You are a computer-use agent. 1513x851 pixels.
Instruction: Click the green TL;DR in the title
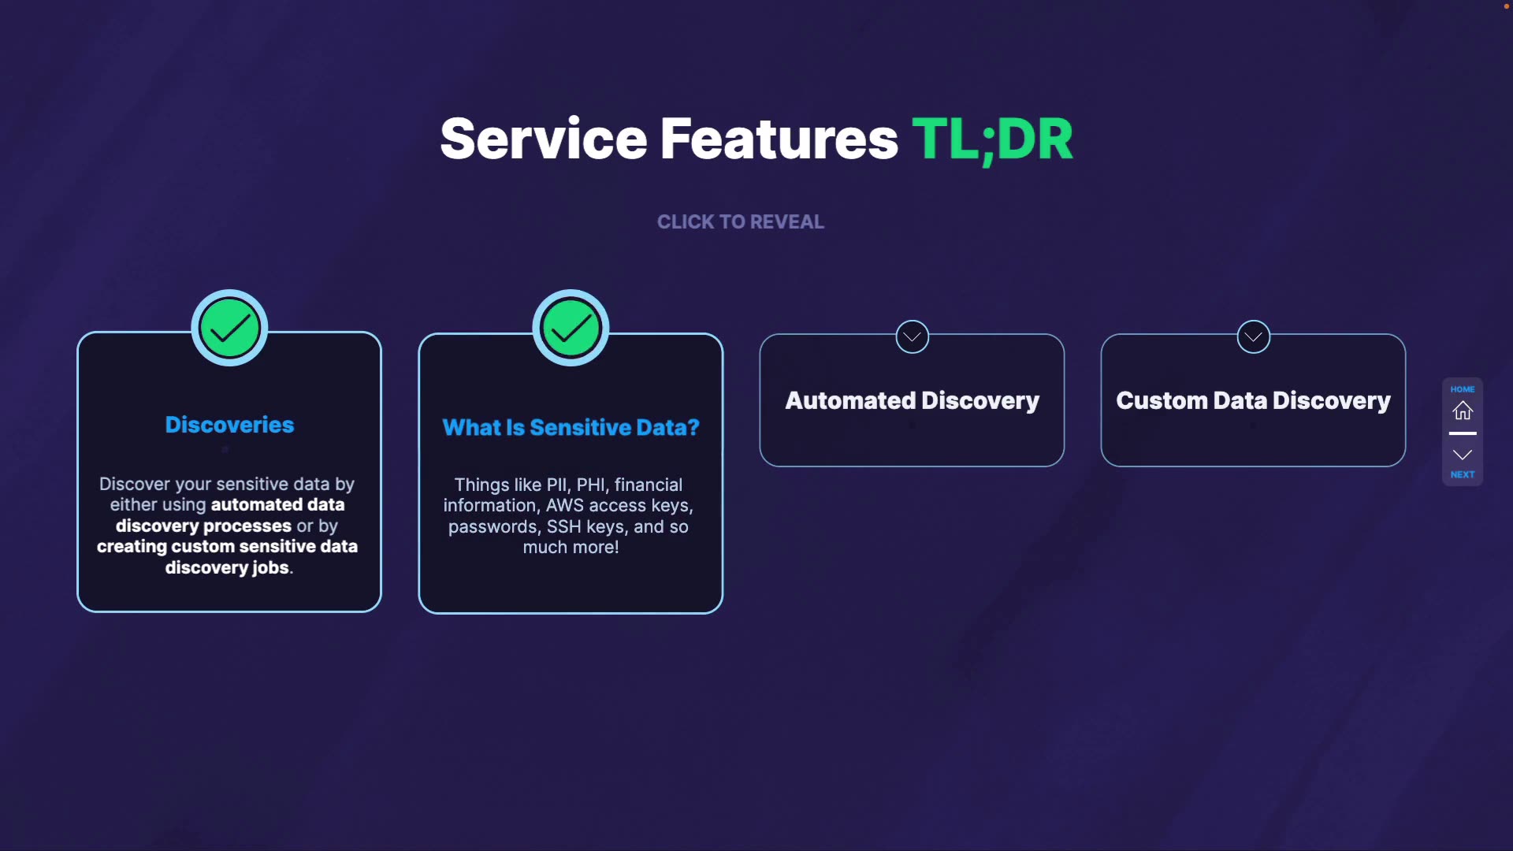point(992,139)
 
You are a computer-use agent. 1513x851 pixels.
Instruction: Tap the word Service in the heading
point(543,139)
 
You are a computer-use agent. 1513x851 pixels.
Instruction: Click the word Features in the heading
point(779,139)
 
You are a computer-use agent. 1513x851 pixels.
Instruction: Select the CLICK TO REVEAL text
point(741,222)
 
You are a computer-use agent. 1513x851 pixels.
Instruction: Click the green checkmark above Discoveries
point(229,329)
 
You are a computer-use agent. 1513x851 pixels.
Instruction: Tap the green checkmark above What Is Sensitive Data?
point(571,329)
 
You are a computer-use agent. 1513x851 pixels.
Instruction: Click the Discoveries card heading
point(229,425)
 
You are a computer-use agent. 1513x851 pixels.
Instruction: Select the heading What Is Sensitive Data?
point(571,427)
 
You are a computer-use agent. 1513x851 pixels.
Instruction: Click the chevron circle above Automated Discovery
point(912,337)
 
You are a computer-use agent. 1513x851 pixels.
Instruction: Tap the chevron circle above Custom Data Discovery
point(1253,337)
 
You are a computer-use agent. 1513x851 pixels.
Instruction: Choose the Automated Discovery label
point(912,400)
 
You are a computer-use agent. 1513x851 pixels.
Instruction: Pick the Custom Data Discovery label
point(1253,400)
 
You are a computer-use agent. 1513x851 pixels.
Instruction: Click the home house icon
point(1463,411)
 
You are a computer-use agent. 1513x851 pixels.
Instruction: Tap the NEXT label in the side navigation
point(1463,474)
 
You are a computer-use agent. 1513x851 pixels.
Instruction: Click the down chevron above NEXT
point(1463,455)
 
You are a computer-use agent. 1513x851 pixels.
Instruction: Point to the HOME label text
point(1463,389)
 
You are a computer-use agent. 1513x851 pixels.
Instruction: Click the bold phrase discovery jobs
point(227,567)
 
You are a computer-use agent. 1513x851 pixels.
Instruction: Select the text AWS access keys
point(619,505)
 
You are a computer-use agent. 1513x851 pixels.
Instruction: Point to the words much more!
point(571,547)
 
